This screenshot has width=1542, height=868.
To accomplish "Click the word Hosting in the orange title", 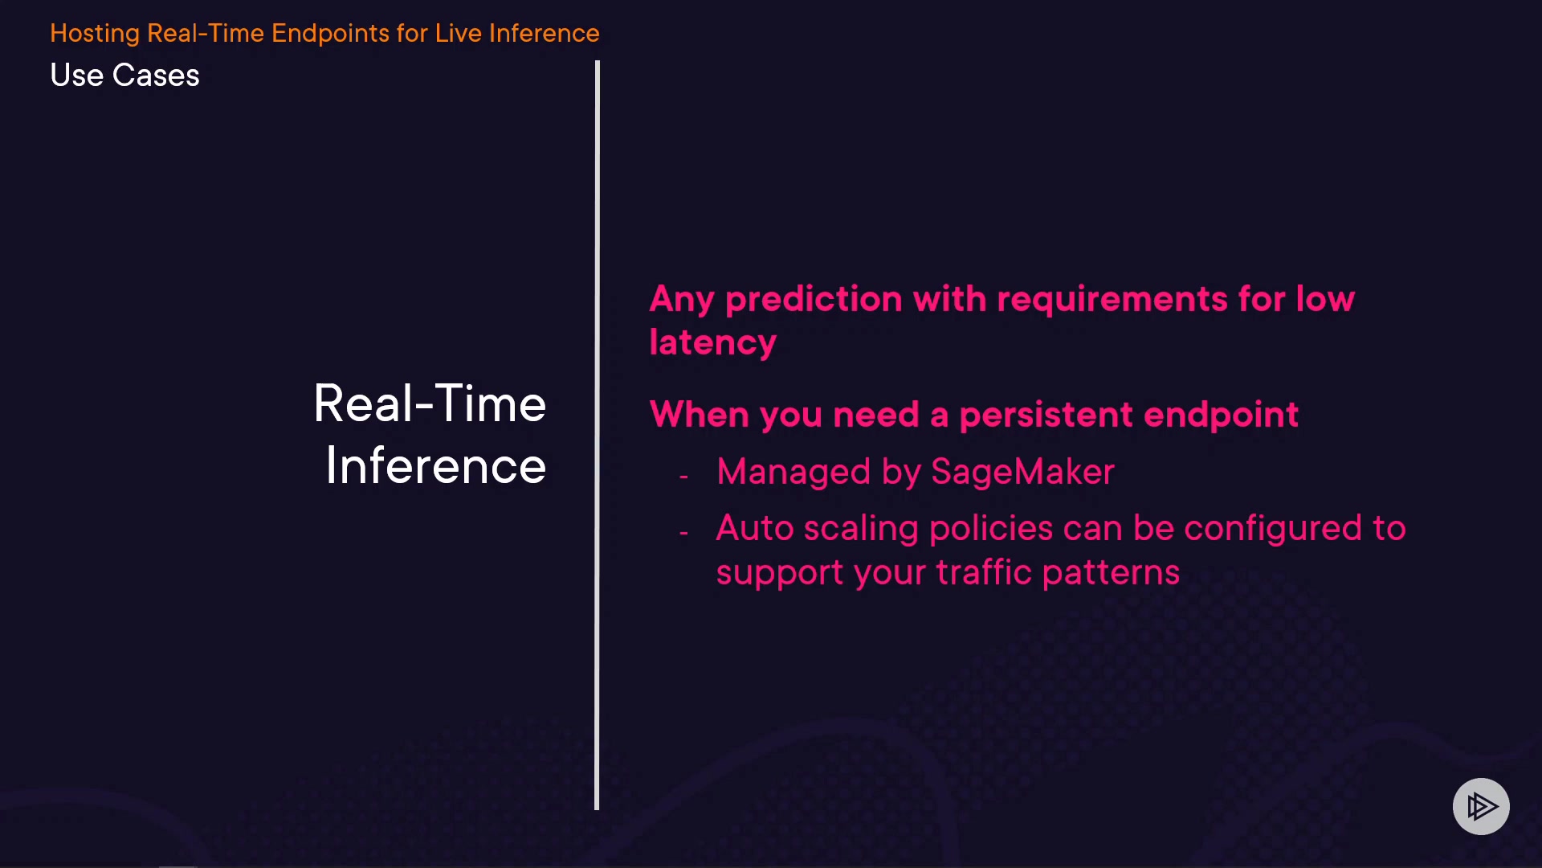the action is click(x=95, y=34).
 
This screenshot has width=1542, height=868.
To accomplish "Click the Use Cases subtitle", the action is click(x=124, y=75).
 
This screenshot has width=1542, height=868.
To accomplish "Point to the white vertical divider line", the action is click(x=597, y=435).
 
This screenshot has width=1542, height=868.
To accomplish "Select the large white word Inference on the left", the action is click(x=435, y=465).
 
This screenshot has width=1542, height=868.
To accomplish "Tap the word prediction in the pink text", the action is click(x=814, y=300).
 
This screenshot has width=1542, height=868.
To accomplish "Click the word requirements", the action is click(x=1112, y=300).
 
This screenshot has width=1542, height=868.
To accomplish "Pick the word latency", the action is click(x=712, y=342).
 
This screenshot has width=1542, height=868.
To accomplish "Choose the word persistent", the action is click(x=1046, y=416).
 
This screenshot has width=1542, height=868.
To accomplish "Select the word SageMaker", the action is click(x=1022, y=472).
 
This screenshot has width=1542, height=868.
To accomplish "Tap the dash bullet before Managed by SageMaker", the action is click(x=683, y=477).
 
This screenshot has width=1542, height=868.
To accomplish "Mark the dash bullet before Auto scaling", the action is click(x=683, y=533).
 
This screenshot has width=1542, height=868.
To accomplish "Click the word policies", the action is click(x=990, y=528).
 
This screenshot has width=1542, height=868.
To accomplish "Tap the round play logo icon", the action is click(x=1481, y=806).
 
